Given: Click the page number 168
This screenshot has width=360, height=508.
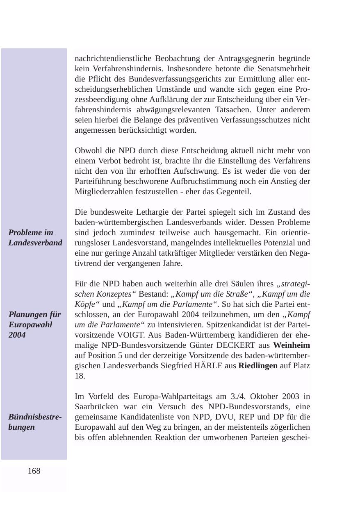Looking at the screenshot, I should click(x=34, y=471).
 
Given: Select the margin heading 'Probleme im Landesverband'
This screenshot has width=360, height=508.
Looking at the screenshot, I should click(x=35, y=238).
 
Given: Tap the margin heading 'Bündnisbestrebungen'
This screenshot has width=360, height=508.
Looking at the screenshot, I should click(x=35, y=422).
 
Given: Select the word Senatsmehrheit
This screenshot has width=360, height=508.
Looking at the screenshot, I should click(x=283, y=69).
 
